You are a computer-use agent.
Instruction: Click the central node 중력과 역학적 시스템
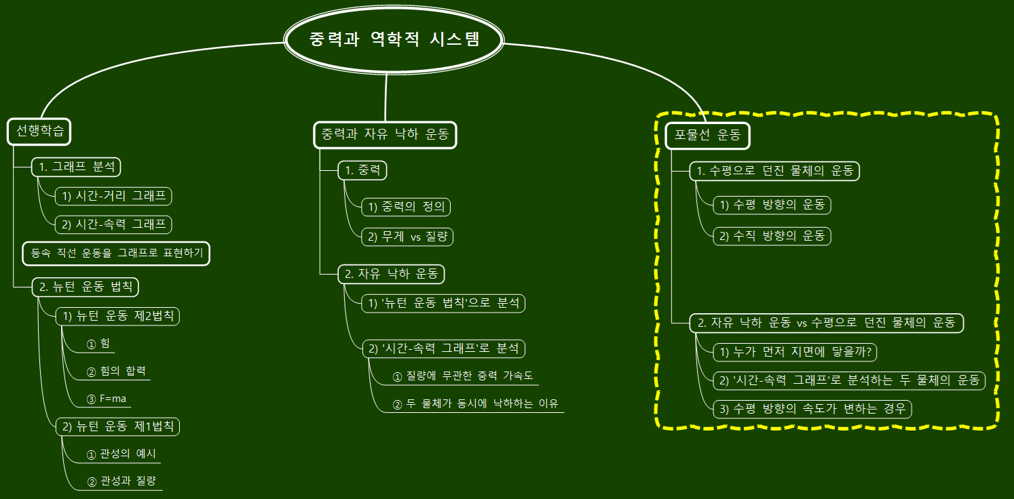pos(394,39)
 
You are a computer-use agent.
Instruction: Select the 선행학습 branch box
pos(39,132)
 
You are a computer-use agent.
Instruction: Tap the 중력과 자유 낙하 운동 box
pos(385,134)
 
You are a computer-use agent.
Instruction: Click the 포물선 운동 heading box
pos(707,136)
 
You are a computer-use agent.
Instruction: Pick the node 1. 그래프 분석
pos(77,167)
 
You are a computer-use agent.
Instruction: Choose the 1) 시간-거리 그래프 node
pos(113,196)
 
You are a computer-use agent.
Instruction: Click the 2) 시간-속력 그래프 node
pos(113,224)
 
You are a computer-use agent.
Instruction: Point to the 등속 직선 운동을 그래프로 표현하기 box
pos(116,254)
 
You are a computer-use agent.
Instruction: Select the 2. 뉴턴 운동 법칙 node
pos(86,287)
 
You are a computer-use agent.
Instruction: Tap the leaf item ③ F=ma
pos(107,399)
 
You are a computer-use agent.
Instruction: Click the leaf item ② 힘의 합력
pos(116,371)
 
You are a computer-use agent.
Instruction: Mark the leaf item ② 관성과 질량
pos(121,481)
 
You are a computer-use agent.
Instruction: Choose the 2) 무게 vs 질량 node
pos(407,236)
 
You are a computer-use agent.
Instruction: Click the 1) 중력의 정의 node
pos(406,206)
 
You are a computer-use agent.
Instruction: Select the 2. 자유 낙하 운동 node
pos(391,274)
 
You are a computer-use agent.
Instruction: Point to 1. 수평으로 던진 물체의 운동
pos(774,171)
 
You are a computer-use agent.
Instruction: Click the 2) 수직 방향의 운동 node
pos(772,236)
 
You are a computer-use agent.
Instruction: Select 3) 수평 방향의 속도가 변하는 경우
pos(812,409)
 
